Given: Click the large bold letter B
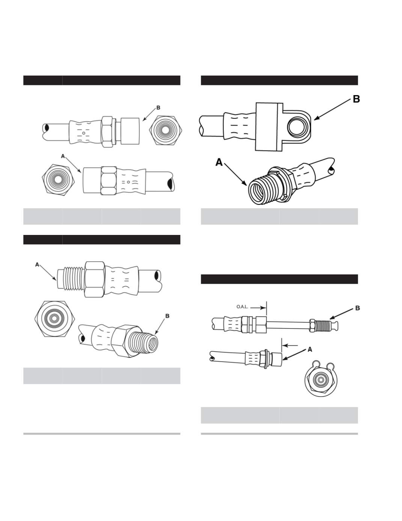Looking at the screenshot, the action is [356, 99].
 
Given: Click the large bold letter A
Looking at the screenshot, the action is [219, 162].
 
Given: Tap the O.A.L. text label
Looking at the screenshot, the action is [242, 307].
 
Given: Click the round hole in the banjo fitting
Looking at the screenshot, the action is [297, 126].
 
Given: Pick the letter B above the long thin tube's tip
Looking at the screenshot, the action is [357, 308].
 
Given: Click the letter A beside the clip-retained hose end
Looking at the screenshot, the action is [310, 350].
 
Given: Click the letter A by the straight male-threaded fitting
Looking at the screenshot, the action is [37, 265].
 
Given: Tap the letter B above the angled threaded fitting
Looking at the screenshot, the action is [167, 316].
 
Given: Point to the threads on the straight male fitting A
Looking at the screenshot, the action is [71, 278].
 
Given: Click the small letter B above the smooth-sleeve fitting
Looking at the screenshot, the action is [158, 108].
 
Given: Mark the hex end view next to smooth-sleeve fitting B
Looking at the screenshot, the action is [166, 131].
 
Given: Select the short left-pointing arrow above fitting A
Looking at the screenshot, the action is [290, 345].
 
